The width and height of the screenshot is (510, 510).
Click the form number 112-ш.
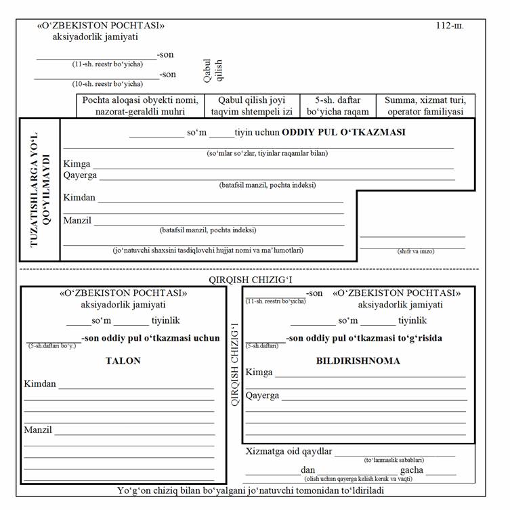click(450, 27)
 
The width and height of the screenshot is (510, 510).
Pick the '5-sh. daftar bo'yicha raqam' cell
click(338, 106)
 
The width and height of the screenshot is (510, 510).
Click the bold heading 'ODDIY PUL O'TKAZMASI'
click(343, 132)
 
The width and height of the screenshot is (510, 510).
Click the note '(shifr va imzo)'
click(416, 251)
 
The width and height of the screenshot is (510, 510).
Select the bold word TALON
click(123, 361)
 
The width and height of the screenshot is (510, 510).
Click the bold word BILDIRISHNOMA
click(358, 361)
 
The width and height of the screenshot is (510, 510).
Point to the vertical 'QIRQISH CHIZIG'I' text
click(235, 364)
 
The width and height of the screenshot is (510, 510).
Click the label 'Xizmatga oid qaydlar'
click(288, 451)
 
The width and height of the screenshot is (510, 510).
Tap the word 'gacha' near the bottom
click(411, 469)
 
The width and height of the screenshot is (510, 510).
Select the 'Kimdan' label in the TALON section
click(40, 384)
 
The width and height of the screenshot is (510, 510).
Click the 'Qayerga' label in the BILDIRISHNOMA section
click(262, 396)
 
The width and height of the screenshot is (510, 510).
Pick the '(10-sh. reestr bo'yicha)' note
click(108, 84)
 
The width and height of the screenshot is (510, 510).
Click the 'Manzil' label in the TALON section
click(38, 430)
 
